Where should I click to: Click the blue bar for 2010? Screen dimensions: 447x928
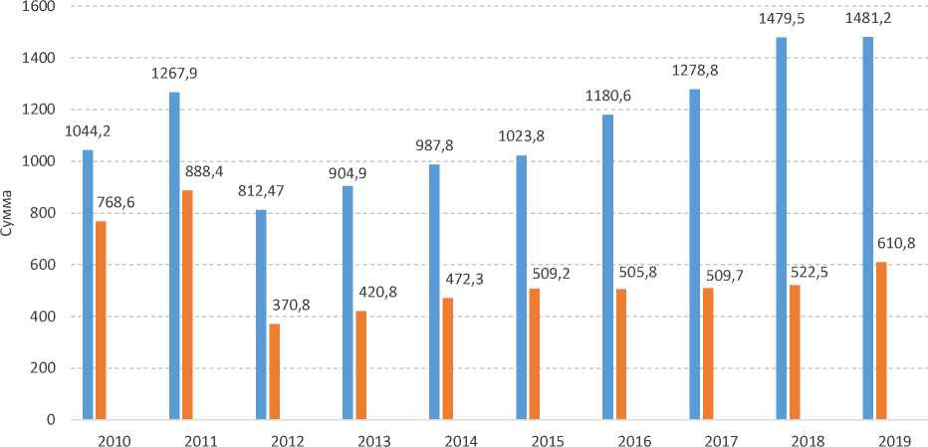point(88,285)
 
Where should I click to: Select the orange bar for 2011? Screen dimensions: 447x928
point(187,305)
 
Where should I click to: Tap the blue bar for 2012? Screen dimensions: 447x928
point(261,315)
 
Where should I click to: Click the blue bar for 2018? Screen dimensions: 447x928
point(782,228)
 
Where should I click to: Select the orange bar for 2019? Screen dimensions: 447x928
point(881,340)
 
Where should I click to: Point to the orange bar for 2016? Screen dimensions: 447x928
point(621,354)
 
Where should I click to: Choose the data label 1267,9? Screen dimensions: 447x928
point(174,74)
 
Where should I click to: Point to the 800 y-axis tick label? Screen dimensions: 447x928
point(41,213)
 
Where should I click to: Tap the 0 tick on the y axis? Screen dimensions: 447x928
point(49,420)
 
